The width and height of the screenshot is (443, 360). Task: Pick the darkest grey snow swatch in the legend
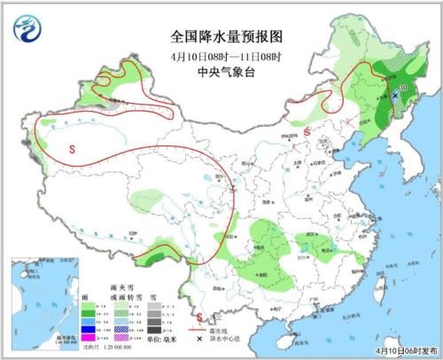153,328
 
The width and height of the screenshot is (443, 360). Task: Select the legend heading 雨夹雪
120,301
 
